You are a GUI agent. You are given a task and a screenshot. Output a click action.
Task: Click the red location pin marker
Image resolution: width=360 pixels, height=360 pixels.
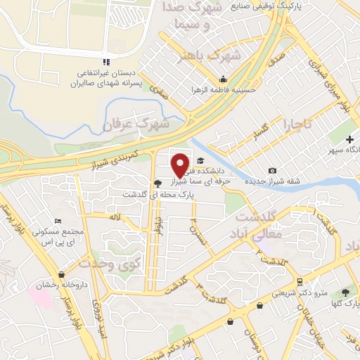(180, 165)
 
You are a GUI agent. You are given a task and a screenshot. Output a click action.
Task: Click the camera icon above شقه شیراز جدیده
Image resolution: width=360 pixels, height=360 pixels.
(273, 171)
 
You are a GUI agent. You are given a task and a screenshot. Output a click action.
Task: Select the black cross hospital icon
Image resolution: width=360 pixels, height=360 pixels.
(349, 140)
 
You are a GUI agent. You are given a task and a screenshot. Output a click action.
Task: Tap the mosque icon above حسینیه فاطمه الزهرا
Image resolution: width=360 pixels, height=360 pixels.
(224, 78)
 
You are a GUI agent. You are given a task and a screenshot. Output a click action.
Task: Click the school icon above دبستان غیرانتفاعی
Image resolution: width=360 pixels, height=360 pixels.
(105, 61)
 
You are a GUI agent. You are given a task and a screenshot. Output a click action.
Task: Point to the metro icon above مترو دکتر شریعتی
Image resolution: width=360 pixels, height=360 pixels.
(300, 281)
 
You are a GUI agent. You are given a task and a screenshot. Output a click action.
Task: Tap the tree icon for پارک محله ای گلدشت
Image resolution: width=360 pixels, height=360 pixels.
(156, 183)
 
